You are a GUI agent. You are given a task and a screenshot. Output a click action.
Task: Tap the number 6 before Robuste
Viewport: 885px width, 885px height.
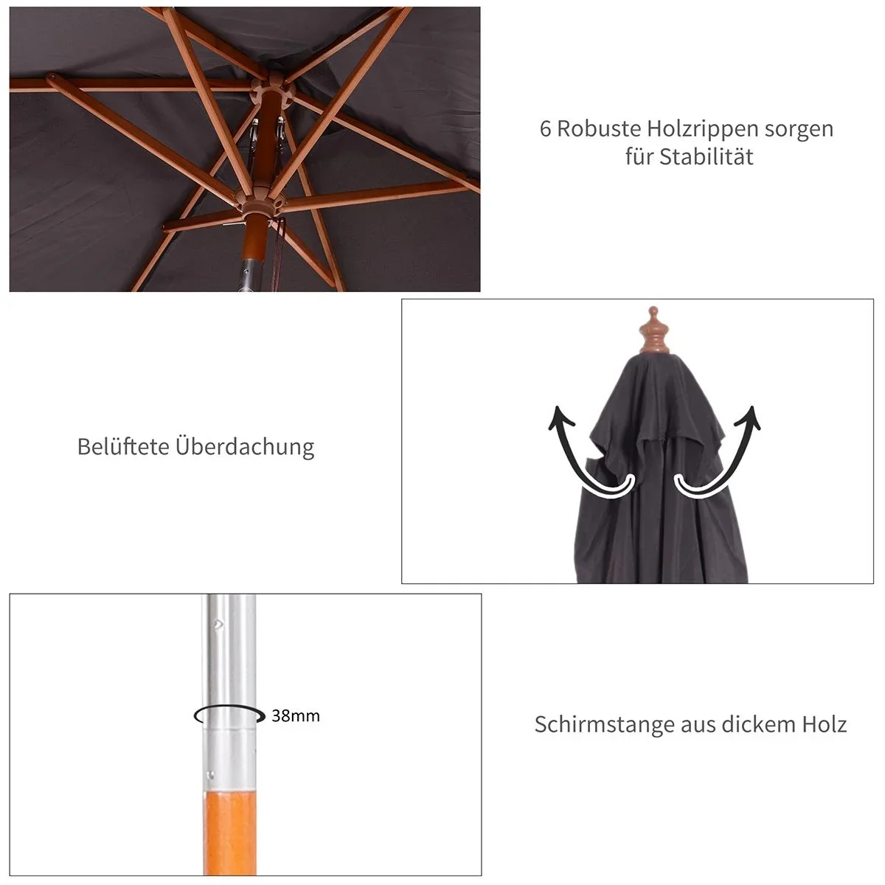[x=546, y=129]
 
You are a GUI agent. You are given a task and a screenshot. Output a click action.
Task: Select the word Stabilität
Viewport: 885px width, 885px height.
[x=706, y=157]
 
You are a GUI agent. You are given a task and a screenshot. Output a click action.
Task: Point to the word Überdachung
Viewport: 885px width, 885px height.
[x=245, y=447]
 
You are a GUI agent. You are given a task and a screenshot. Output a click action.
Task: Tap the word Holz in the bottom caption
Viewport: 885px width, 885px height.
[x=824, y=724]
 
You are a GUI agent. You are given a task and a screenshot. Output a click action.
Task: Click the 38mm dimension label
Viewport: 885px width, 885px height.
[x=295, y=715]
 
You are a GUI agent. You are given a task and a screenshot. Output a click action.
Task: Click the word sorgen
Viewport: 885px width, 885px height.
[x=799, y=129]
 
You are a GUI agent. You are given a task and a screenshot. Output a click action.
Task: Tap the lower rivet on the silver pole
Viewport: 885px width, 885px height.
[x=211, y=774]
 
